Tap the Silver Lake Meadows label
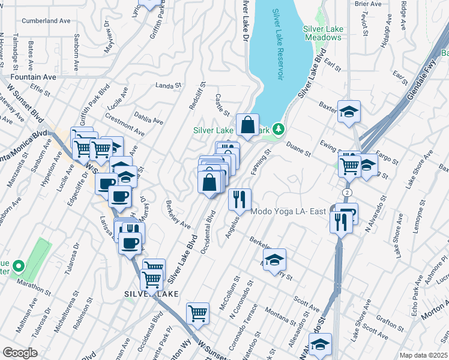322,33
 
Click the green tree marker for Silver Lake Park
278,128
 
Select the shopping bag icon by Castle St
247,125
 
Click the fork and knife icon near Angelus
240,200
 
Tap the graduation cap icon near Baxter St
348,112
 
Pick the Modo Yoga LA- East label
288,212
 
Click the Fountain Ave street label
33,77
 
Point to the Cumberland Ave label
46,20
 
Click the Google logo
20,353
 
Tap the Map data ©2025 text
423,355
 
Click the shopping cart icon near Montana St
197,313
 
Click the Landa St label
168,86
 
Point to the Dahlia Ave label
149,121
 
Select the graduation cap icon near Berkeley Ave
274,260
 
